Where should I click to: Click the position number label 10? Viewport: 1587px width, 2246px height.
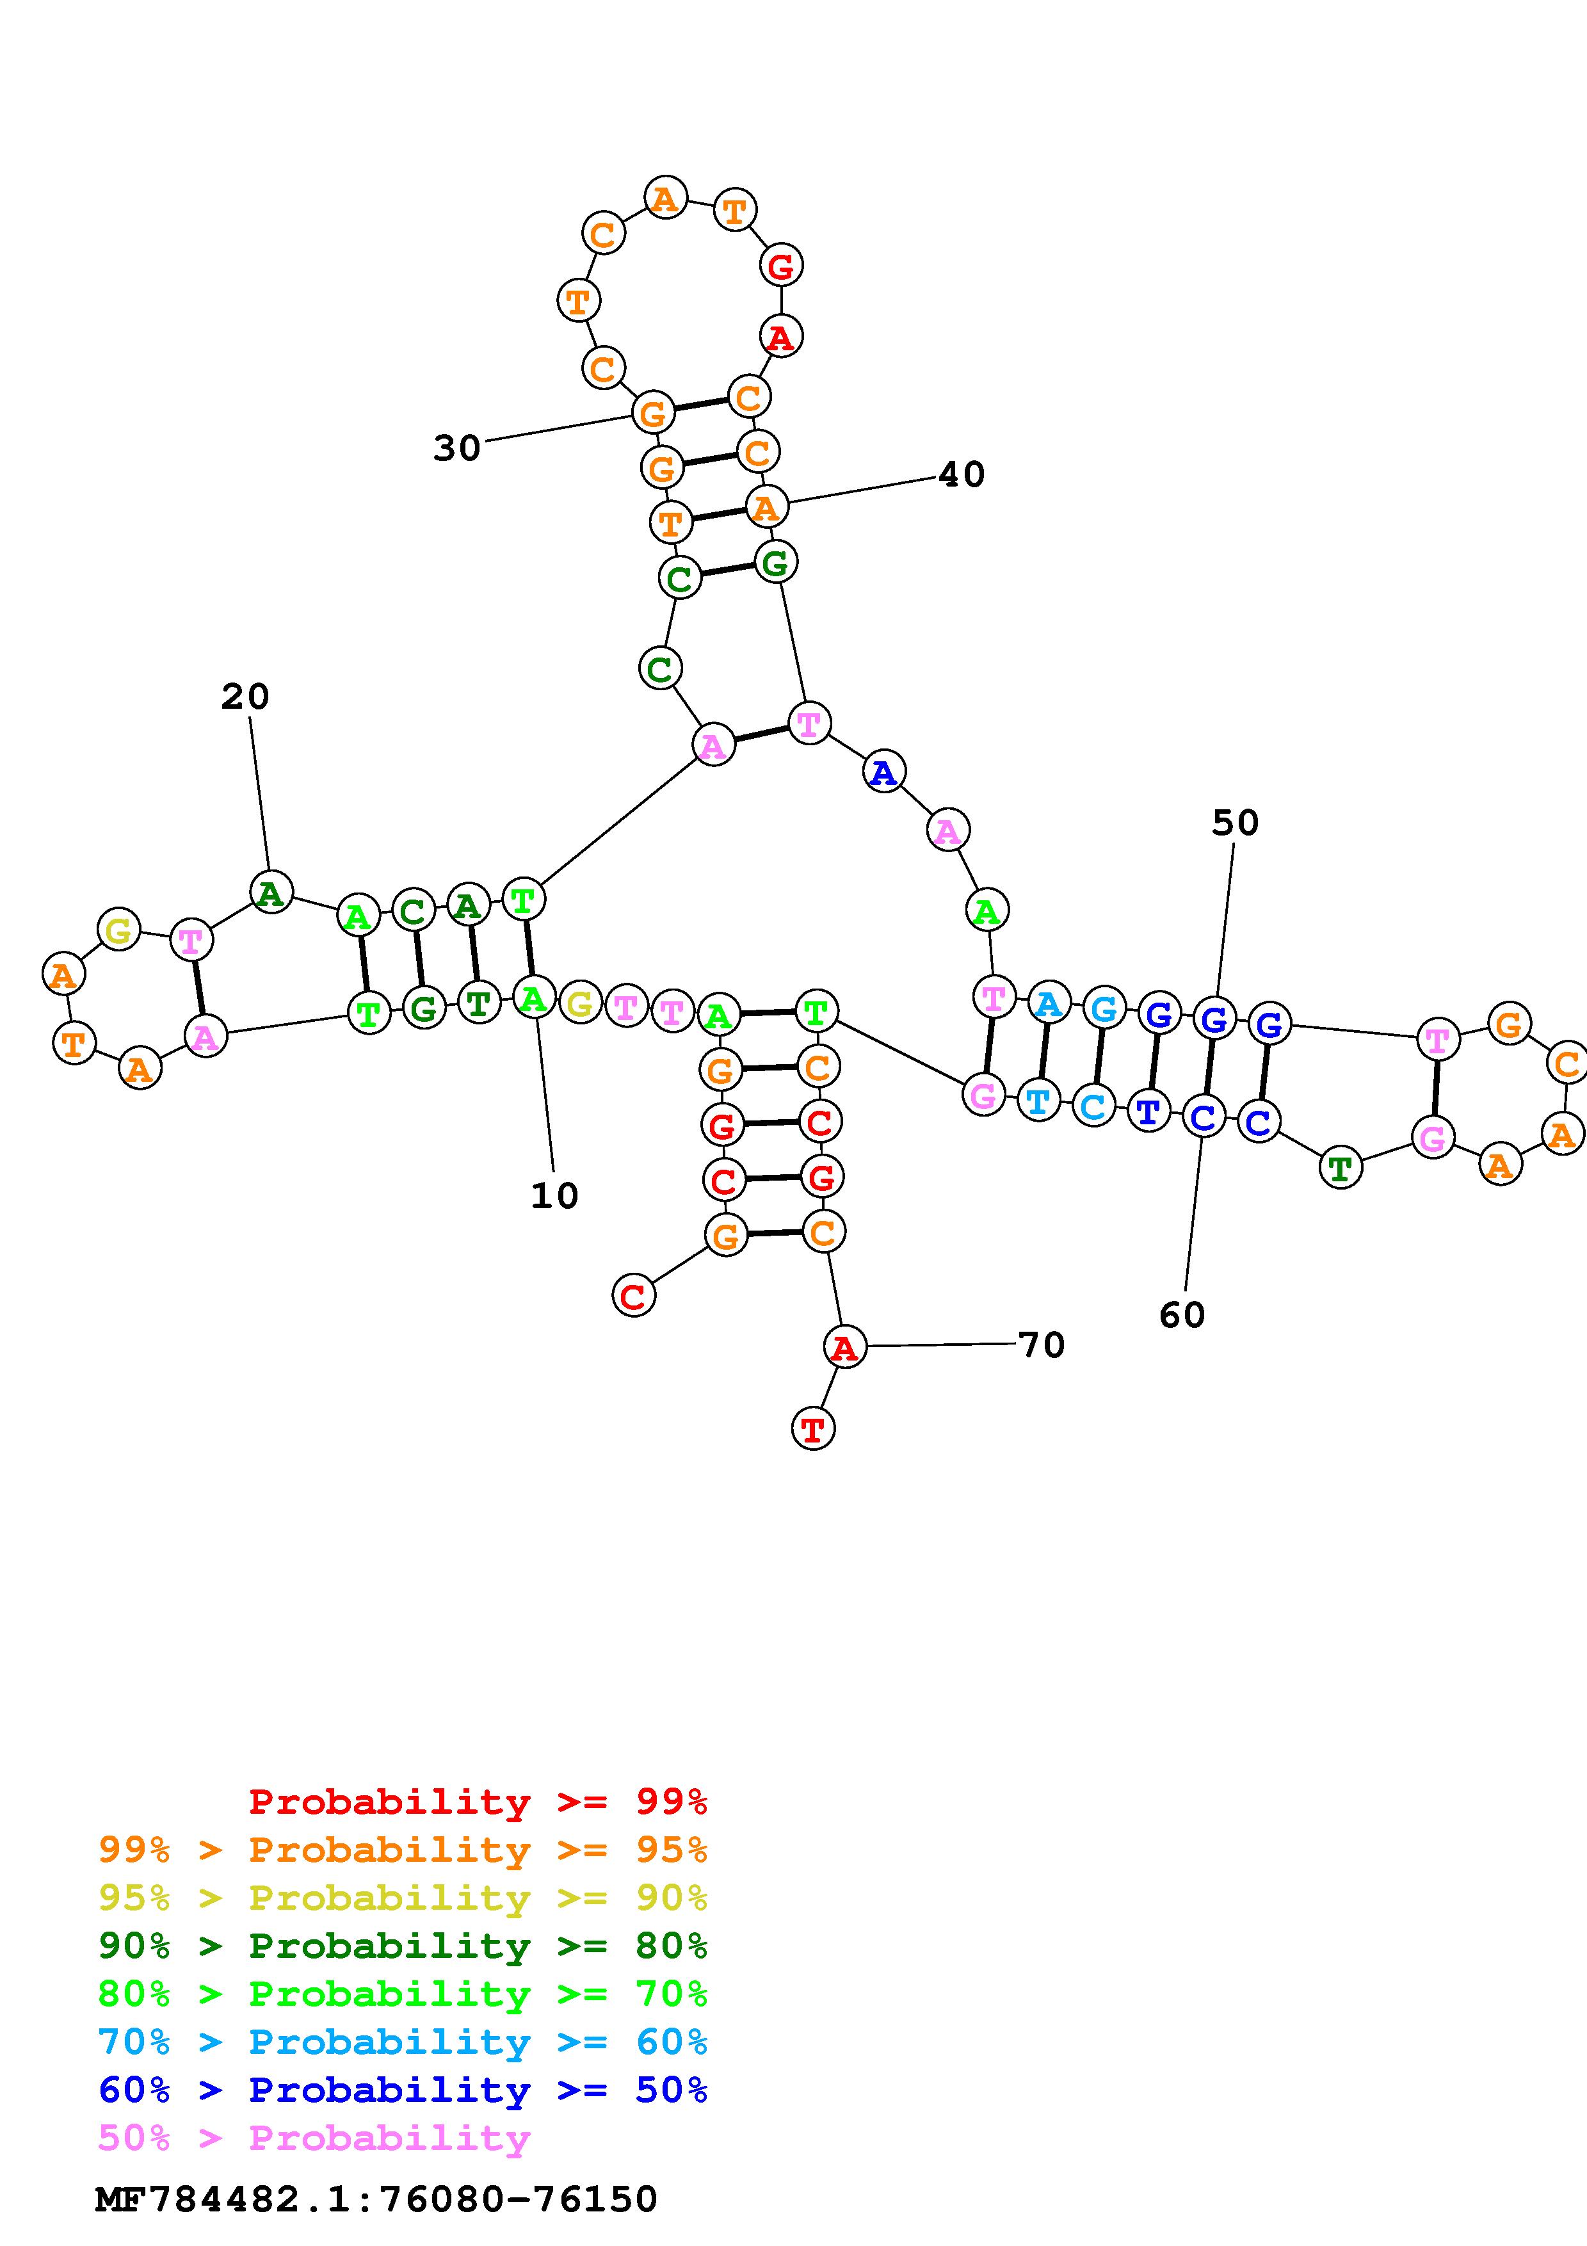pos(554,1195)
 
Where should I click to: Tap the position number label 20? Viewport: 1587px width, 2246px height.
pos(245,697)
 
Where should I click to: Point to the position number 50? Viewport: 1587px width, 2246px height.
pos(1235,823)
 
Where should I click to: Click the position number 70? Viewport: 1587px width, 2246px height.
pos(1042,1345)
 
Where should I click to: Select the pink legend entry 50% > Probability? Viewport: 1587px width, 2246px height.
pos(314,2137)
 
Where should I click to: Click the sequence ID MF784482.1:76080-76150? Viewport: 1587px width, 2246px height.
pos(376,2199)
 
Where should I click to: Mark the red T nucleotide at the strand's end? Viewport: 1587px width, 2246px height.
pos(812,1429)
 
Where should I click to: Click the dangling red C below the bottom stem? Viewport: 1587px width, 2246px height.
pos(634,1296)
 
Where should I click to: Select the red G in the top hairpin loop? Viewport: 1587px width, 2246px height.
pos(781,265)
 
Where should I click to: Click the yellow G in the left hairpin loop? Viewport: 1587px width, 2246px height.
pos(118,929)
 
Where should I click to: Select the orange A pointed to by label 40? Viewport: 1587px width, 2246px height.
pos(766,506)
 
